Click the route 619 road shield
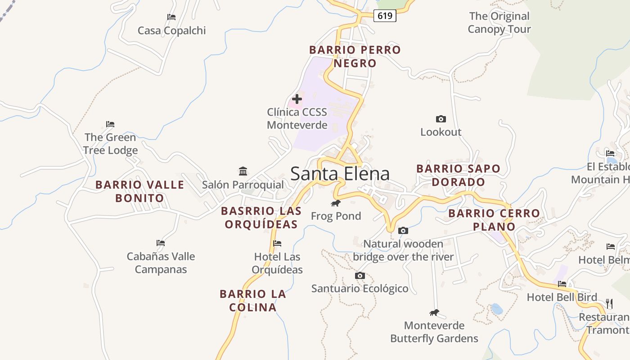coord(385,16)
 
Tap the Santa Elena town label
coord(340,174)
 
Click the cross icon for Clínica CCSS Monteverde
coord(297,99)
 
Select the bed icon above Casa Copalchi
coord(171,17)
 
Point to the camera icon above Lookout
coord(441,119)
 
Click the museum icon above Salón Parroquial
coord(243,171)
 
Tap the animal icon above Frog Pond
coord(336,203)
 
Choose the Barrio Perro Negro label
coord(355,57)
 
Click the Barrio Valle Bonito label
coord(139,191)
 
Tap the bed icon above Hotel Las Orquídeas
coord(277,243)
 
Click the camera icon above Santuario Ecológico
coord(360,275)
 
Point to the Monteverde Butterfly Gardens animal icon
coord(434,313)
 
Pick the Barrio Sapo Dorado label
coord(458,175)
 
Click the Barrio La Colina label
coord(253,301)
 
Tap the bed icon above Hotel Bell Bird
coord(562,284)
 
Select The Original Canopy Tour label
coord(499,23)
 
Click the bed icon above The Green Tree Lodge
coord(110,124)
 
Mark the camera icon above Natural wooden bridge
coord(403,231)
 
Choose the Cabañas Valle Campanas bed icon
coord(161,243)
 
